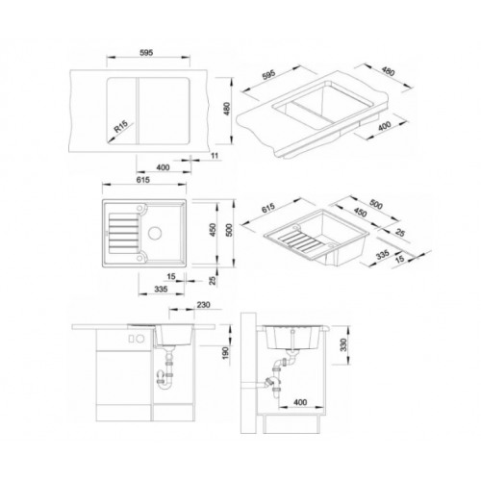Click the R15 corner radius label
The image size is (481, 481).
click(121, 126)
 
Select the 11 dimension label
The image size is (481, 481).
click(215, 156)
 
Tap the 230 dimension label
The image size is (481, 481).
click(203, 304)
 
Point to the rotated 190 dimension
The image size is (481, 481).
click(226, 352)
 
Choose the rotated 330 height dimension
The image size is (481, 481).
click(343, 344)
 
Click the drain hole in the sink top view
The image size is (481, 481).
click(155, 232)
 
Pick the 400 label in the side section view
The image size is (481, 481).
click(300, 402)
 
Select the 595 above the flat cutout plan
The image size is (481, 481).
click(146, 53)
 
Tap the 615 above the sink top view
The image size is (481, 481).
click(143, 180)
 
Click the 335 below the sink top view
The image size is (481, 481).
click(161, 289)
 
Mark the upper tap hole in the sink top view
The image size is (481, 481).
click(140, 209)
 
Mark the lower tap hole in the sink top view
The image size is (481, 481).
click(140, 257)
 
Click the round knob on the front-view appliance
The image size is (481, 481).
click(140, 339)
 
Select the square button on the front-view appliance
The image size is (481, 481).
click(132, 339)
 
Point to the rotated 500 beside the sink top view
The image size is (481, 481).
click(229, 230)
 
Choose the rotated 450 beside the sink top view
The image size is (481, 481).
click(214, 230)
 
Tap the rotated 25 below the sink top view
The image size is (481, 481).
click(213, 281)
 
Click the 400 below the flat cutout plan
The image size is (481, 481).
click(163, 167)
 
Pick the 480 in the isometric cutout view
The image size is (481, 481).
click(388, 72)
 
